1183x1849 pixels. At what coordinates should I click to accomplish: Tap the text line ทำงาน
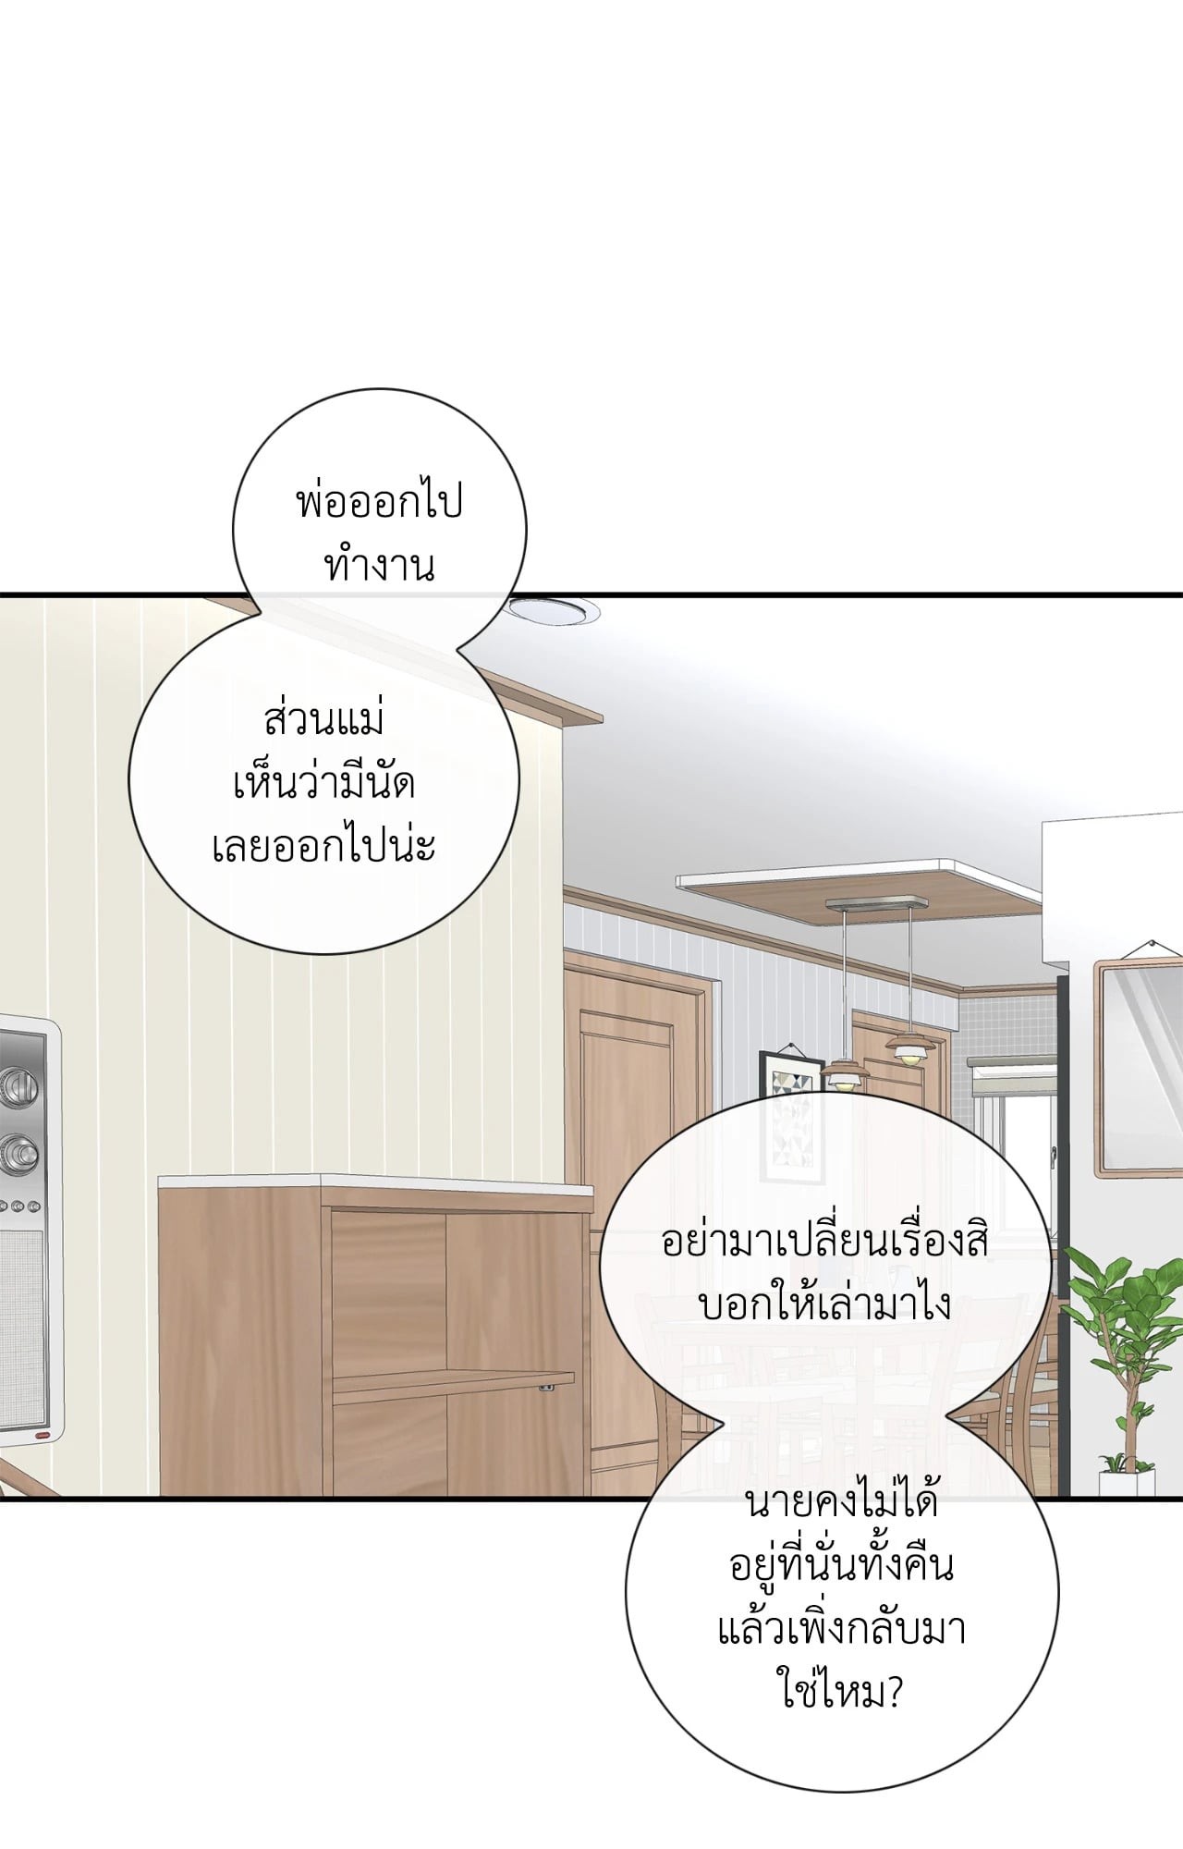379,566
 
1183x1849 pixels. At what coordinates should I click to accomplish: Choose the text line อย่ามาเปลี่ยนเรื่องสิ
824,1242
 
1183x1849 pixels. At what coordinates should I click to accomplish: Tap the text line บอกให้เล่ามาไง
825,1305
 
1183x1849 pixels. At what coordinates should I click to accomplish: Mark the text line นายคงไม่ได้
841,1505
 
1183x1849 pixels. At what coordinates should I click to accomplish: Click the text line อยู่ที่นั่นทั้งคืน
841,1567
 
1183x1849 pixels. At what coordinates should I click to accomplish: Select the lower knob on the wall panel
14,1152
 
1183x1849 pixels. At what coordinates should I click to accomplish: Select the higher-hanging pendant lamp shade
909,1046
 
